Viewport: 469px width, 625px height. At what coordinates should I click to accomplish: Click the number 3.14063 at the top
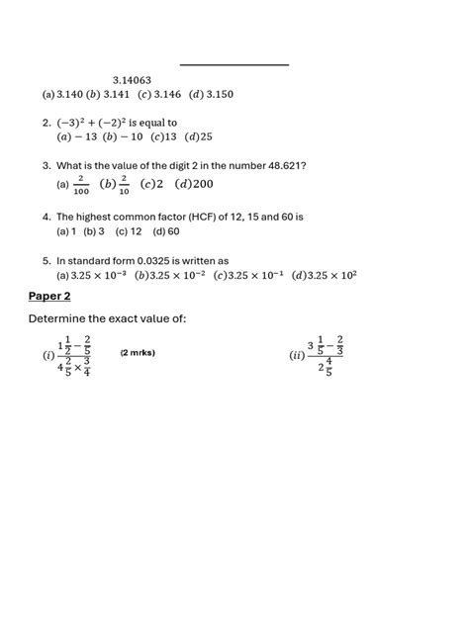click(132, 79)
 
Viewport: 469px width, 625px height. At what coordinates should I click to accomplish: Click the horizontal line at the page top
click(234, 65)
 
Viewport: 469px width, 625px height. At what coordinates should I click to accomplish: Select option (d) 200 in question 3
click(196, 184)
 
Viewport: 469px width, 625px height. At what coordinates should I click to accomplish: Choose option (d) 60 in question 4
click(166, 231)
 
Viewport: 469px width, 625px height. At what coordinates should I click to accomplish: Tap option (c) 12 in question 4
click(129, 231)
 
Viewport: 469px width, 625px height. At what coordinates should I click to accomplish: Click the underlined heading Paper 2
click(49, 296)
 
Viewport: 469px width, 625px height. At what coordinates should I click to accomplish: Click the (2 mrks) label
click(138, 353)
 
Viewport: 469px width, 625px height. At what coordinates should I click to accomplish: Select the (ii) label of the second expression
click(296, 356)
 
